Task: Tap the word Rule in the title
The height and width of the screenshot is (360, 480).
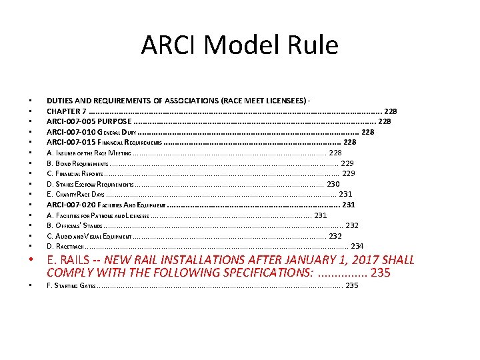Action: tap(312, 45)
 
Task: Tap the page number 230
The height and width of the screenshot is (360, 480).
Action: tap(333, 184)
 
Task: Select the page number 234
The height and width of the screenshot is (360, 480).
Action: tap(357, 246)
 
